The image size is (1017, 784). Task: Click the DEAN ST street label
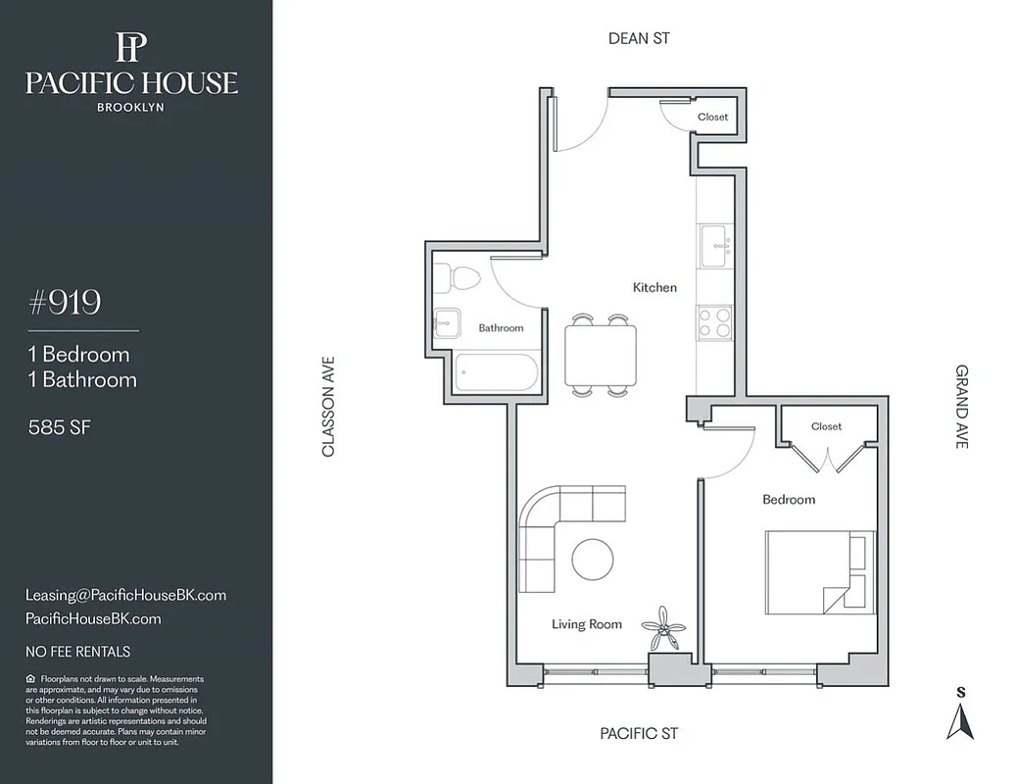click(639, 38)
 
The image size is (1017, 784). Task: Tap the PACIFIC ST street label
click(639, 733)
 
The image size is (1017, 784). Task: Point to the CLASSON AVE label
click(328, 406)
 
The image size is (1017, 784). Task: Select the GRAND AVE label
click(962, 406)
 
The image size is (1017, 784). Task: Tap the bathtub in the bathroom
click(496, 372)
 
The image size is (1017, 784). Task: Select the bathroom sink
click(449, 321)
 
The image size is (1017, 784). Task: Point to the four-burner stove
click(714, 322)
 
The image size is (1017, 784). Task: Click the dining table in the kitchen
click(600, 355)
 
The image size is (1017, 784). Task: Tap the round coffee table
click(593, 560)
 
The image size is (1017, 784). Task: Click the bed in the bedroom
click(819, 572)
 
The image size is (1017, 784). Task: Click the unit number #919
click(65, 303)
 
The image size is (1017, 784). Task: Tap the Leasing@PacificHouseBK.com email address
click(125, 595)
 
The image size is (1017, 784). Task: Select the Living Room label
click(586, 624)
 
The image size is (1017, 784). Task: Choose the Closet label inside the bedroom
click(826, 426)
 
